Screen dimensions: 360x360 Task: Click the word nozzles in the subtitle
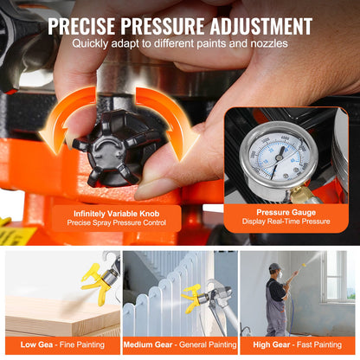tap(267, 43)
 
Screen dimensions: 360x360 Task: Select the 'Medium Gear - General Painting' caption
tap(179, 345)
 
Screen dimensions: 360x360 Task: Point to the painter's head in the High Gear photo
tap(274, 270)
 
